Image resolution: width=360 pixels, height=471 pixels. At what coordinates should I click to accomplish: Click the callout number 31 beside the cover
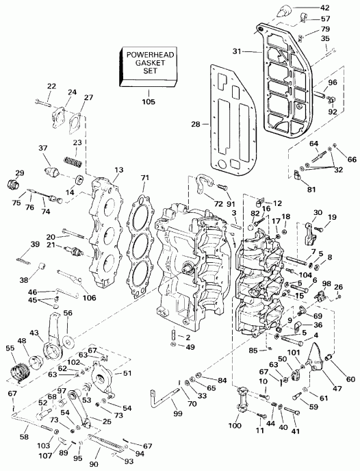coord(237,51)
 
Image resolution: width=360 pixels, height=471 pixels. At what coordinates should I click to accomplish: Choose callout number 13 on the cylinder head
coord(119,169)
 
